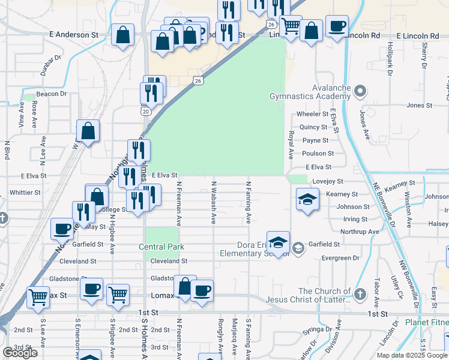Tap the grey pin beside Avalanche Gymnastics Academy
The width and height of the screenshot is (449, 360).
(x=360, y=92)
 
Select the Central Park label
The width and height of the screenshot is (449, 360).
(x=161, y=247)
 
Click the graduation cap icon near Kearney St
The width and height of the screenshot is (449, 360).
(x=307, y=199)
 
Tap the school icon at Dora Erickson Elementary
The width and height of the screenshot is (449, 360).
(x=278, y=242)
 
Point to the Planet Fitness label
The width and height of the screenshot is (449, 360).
(x=425, y=322)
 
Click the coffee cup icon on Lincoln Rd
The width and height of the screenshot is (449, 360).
(x=337, y=26)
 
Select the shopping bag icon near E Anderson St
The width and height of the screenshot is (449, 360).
(x=122, y=35)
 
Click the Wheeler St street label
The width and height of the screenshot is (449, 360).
(x=312, y=114)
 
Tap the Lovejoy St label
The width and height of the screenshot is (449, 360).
(x=328, y=181)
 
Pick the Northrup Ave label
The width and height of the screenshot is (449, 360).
(x=360, y=232)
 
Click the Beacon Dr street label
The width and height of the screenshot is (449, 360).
(x=50, y=94)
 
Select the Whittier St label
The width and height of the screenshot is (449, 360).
(x=25, y=193)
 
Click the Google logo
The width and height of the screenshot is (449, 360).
(x=20, y=353)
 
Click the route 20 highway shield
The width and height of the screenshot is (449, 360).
(x=146, y=111)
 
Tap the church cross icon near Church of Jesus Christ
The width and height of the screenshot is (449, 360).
(x=360, y=294)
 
